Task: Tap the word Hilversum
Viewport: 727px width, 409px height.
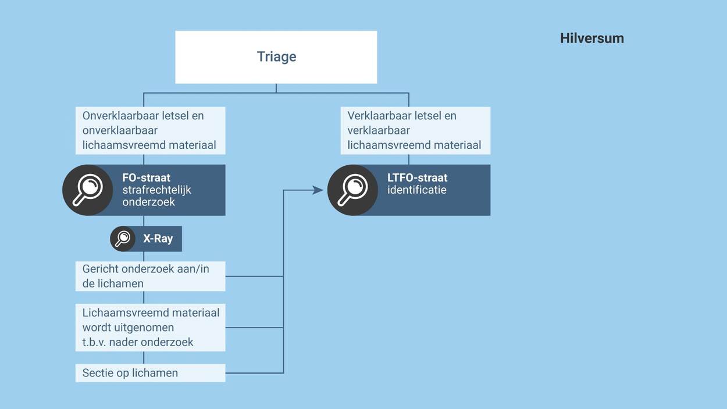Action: pyautogui.click(x=591, y=38)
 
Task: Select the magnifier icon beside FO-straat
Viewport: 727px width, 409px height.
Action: pyautogui.click(x=88, y=190)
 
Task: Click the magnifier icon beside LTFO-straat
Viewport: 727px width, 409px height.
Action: pyautogui.click(x=353, y=190)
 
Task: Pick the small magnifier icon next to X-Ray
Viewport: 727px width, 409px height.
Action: pyautogui.click(x=123, y=239)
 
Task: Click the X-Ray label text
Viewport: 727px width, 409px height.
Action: pyautogui.click(x=158, y=239)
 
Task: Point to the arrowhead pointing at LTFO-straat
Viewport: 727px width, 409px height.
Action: pyautogui.click(x=318, y=190)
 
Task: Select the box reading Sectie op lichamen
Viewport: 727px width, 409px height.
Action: pyautogui.click(x=150, y=373)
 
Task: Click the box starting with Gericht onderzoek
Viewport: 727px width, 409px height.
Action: pyautogui.click(x=150, y=276)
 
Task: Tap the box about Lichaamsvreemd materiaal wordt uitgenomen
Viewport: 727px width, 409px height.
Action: pyautogui.click(x=150, y=327)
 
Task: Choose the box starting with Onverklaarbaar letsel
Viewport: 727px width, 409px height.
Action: pyautogui.click(x=150, y=130)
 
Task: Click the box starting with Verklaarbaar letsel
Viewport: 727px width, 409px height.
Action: pyautogui.click(x=415, y=130)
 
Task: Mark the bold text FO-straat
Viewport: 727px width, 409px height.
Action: pyautogui.click(x=146, y=178)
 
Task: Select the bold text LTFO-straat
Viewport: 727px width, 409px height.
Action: pyautogui.click(x=417, y=178)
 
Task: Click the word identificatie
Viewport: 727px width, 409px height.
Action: pyautogui.click(x=416, y=190)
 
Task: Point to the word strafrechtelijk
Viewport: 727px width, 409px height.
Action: pyautogui.click(x=156, y=190)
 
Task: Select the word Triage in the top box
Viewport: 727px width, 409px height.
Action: pyautogui.click(x=276, y=56)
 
